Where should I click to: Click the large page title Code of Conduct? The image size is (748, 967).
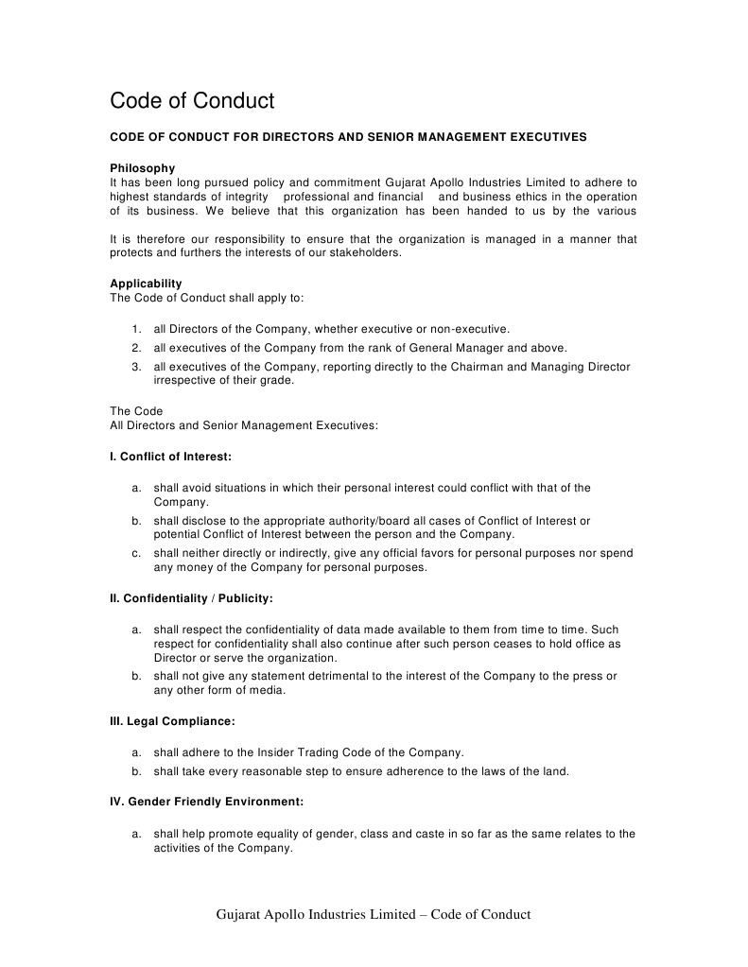(192, 100)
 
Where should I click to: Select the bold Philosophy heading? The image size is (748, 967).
(143, 168)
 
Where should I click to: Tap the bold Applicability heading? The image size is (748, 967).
(146, 284)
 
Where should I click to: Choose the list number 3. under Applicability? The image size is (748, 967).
(136, 367)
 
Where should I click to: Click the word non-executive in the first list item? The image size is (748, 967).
(469, 329)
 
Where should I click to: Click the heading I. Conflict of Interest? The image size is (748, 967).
(170, 457)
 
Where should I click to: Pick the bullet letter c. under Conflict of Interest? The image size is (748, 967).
(136, 553)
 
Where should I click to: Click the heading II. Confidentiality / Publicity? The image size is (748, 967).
(192, 598)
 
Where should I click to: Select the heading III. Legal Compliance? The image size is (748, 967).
(172, 721)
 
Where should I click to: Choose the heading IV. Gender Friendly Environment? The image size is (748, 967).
(206, 802)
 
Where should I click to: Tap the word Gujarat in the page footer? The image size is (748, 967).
(240, 914)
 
